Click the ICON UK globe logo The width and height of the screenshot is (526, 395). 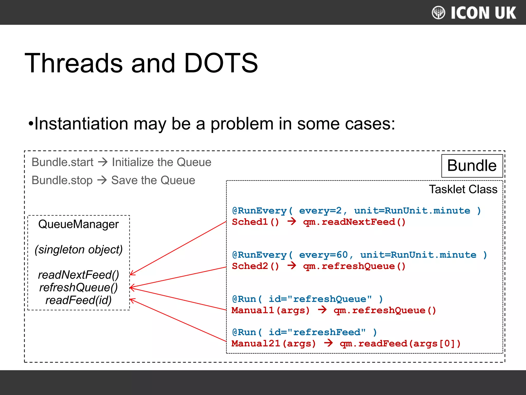coord(438,13)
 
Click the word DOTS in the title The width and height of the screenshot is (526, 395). coord(221,63)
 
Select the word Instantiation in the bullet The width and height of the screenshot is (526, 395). coord(81,124)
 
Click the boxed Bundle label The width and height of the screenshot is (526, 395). coord(472,166)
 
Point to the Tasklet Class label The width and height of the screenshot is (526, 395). coord(463,189)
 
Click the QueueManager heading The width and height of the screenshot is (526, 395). coord(78,224)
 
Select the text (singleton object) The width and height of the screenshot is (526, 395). coord(79,249)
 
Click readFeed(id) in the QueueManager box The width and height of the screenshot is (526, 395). coord(78,300)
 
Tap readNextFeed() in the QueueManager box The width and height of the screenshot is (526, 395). coord(78,275)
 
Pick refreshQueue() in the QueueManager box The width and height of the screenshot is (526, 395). coord(78,288)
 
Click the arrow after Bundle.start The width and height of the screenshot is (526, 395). coord(103,162)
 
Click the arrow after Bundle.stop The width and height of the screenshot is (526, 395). coord(102,180)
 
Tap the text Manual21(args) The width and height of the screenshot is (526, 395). coord(274,344)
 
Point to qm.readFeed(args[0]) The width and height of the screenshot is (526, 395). coord(400,344)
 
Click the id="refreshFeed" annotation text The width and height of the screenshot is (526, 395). coord(317,332)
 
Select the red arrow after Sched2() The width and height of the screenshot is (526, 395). coord(292,266)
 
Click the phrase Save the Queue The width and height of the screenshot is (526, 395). coord(153,180)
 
